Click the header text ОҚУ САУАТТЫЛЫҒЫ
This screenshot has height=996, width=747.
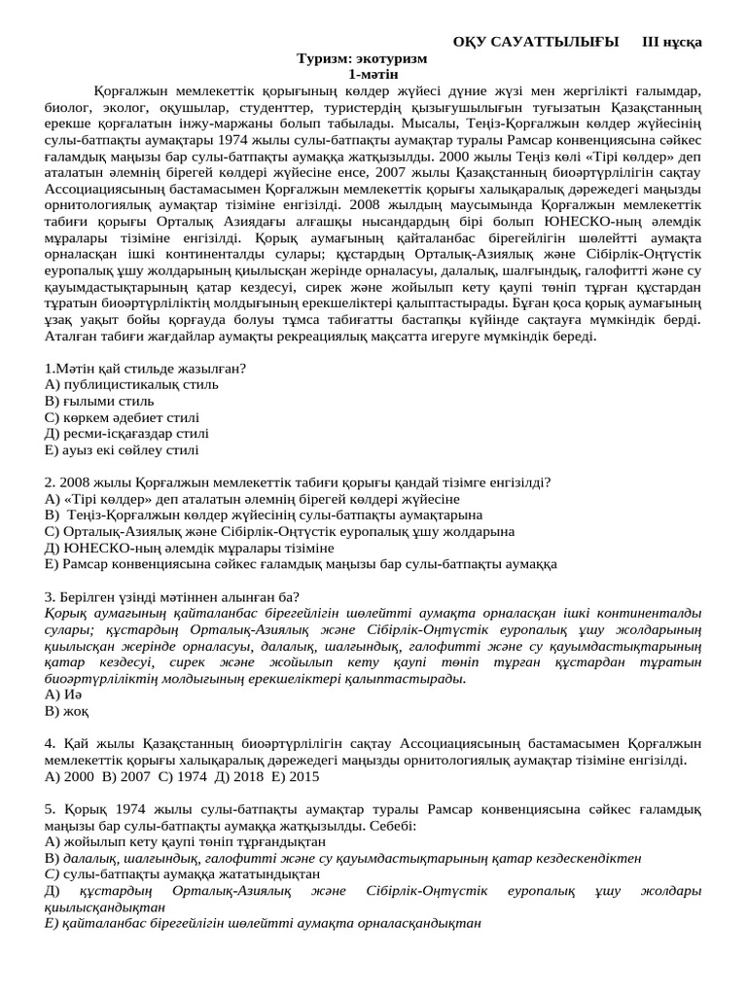(535, 42)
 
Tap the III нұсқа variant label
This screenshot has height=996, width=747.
(672, 42)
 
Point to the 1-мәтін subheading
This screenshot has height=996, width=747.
(373, 75)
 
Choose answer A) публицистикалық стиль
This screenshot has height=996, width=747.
(131, 384)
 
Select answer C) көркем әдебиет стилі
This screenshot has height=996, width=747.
(122, 417)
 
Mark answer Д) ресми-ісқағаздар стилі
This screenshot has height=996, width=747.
(126, 434)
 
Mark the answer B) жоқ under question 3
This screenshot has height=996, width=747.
(67, 711)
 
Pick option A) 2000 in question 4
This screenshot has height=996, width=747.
(68, 777)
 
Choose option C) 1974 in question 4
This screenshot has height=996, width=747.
(180, 777)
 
